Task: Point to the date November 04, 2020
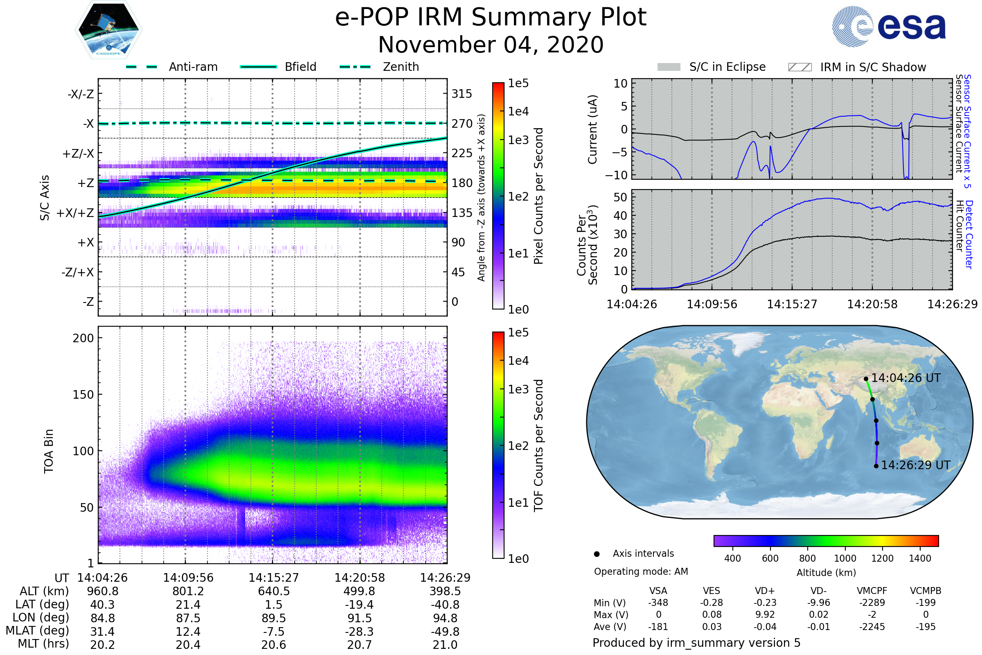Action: (x=491, y=45)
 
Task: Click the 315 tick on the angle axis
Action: (x=462, y=94)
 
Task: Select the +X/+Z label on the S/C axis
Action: (x=75, y=213)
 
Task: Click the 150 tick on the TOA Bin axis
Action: (x=83, y=395)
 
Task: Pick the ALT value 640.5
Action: (x=273, y=592)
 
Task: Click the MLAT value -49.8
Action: (x=445, y=632)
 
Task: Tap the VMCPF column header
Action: (x=872, y=591)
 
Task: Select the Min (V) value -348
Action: (x=658, y=603)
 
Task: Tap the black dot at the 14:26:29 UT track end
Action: (x=876, y=466)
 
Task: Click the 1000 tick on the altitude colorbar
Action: (x=845, y=558)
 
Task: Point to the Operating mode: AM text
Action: (x=641, y=571)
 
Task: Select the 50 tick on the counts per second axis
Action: (x=620, y=197)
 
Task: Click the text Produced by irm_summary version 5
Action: (x=696, y=643)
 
